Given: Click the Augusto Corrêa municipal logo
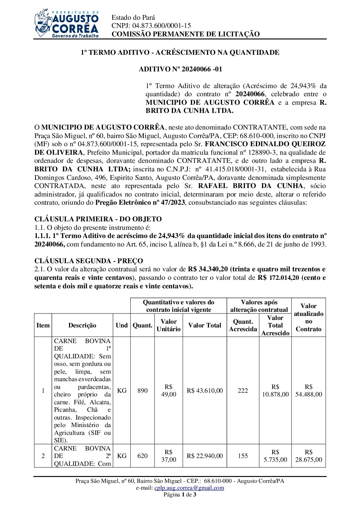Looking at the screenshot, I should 67,23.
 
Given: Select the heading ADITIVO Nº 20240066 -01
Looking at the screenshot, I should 180,69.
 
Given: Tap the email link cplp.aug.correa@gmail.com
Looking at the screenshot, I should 189,488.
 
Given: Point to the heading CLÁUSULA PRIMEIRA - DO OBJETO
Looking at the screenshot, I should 98,219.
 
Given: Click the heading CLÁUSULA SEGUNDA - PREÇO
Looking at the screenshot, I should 88,261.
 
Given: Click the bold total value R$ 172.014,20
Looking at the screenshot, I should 278,278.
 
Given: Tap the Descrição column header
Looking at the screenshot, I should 82,325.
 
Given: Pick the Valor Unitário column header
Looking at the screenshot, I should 168,325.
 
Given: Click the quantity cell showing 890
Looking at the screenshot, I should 143,391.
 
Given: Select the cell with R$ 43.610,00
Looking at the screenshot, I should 204,391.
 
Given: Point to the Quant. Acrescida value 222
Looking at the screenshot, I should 243,391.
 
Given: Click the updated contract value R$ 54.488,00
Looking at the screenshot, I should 308,391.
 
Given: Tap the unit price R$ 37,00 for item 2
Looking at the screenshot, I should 168,456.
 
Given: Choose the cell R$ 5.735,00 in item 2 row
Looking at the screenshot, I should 275,456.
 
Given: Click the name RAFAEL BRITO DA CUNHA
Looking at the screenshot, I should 250,186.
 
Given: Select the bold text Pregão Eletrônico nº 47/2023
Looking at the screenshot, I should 140,203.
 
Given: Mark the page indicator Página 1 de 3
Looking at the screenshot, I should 180,494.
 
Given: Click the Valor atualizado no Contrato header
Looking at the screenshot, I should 308,317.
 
